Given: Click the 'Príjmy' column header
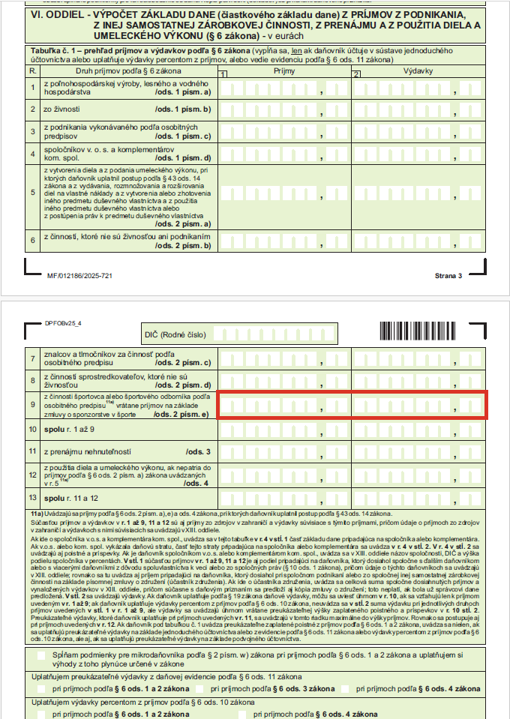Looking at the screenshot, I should click(284, 70).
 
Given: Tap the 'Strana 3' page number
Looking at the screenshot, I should click(449, 276).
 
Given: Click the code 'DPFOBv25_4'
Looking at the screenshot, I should click(63, 323).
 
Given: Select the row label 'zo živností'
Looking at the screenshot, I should click(62, 109).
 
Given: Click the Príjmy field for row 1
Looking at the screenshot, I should click(284, 89).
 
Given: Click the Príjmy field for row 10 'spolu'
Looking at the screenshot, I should click(284, 430).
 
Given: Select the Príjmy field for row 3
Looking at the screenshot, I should click(284, 131).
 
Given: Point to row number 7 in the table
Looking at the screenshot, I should click(33, 358).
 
